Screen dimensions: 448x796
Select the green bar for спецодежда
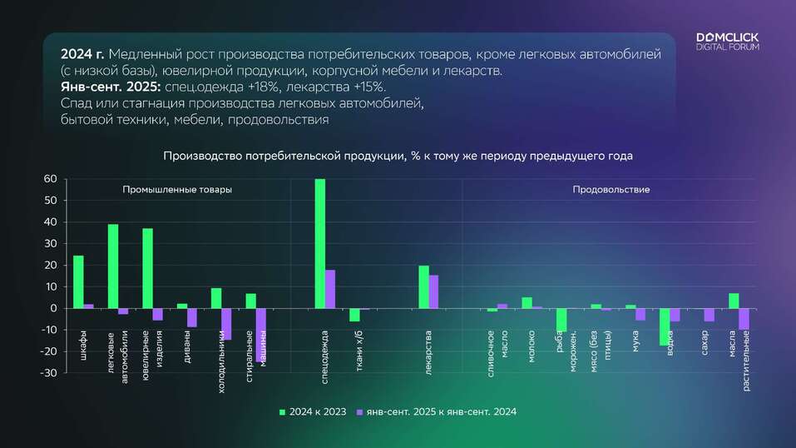click(x=320, y=243)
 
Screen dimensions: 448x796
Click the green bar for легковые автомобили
click(x=113, y=266)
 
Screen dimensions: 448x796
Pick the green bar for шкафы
click(x=78, y=281)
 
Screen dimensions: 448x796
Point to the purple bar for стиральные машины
click(x=261, y=334)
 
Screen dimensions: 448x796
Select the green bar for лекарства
click(x=423, y=286)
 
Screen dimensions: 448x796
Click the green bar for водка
click(x=665, y=326)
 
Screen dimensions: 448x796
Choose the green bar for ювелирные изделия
click(x=147, y=268)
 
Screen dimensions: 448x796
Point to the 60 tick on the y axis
click(x=49, y=179)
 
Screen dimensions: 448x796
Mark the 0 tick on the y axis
click(x=52, y=308)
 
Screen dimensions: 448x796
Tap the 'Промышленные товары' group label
click(x=177, y=190)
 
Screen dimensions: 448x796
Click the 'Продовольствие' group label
click(x=611, y=190)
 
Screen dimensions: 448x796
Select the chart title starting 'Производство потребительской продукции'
click(x=398, y=156)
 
